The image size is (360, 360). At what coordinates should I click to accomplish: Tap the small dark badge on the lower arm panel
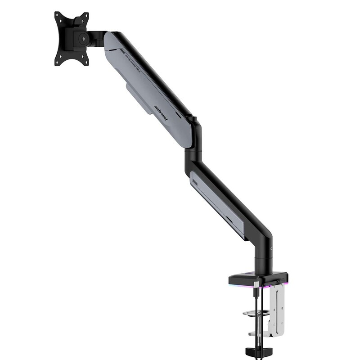point(195,179)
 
